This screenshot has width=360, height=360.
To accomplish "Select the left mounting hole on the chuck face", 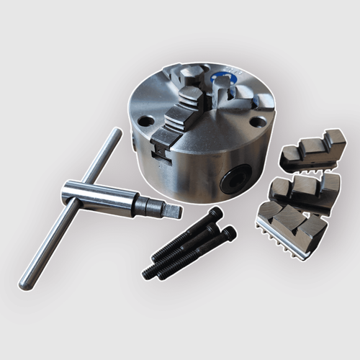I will (x=145, y=121).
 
